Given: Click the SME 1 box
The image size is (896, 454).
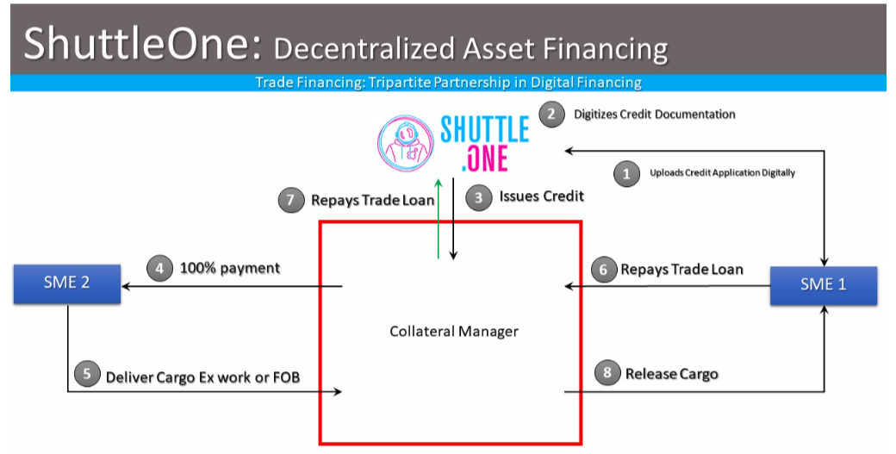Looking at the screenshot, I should [823, 285].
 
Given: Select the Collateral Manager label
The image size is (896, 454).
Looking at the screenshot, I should [454, 331].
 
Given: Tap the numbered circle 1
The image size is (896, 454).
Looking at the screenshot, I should [626, 173].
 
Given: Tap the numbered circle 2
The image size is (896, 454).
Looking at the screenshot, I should [551, 114].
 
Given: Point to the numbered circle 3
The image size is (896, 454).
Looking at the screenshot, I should [478, 197].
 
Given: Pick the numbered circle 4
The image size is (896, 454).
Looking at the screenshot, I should [159, 268].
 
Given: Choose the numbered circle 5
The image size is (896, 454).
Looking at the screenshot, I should [86, 375].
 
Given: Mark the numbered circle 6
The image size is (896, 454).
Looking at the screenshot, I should [604, 270].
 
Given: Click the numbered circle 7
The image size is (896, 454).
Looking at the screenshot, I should [290, 200].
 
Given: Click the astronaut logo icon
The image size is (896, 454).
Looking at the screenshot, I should [404, 142].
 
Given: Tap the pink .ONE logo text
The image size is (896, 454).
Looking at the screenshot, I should [485, 159].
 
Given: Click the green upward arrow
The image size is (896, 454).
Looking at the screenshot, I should [438, 215].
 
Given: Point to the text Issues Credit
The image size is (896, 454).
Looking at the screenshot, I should [541, 196].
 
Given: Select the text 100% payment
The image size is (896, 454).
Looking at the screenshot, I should [229, 268].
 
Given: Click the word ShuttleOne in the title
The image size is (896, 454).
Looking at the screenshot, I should [138, 44].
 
